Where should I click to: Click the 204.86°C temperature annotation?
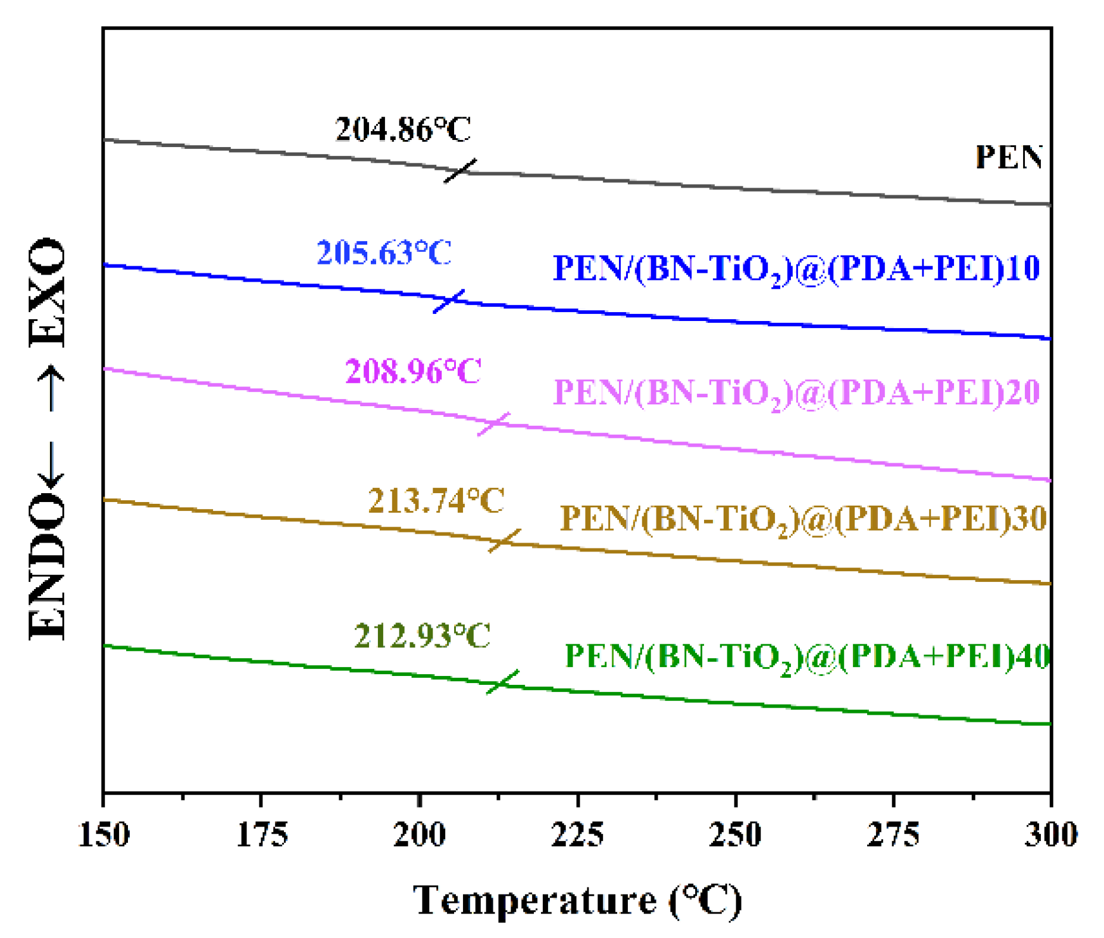[x=403, y=129]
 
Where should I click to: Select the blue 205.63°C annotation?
[x=384, y=253]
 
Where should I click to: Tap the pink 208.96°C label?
[x=412, y=372]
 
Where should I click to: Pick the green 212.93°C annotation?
[x=422, y=635]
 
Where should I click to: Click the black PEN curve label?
[x=1008, y=157]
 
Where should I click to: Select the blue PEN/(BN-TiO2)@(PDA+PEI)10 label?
[x=796, y=269]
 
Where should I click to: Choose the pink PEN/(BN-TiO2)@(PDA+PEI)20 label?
[x=796, y=393]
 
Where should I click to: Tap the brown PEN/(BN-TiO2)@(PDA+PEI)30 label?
[x=803, y=519]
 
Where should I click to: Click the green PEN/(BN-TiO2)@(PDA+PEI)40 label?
[x=806, y=657]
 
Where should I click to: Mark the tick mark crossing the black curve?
[x=461, y=171]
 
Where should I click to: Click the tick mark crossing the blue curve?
[x=449, y=301]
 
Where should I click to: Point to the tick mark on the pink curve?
[x=493, y=423]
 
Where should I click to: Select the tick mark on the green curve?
[x=502, y=682]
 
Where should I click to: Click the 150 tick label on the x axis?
[x=104, y=834]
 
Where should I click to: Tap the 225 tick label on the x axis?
[x=577, y=834]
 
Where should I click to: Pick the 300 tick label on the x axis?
[x=1050, y=834]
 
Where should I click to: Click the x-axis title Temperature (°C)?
[x=577, y=900]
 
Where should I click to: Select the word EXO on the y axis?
[x=48, y=292]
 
